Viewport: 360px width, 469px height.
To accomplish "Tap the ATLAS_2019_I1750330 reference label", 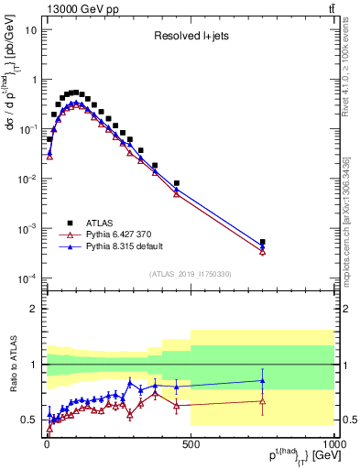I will (x=190, y=273).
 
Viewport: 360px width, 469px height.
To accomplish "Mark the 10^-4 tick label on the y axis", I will (x=27, y=278).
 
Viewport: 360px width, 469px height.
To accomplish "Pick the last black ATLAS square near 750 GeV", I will (x=263, y=243).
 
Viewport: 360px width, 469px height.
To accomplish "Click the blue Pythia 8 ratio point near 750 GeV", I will (x=263, y=380).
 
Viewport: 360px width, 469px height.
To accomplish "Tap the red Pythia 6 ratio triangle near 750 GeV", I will (x=263, y=400).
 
